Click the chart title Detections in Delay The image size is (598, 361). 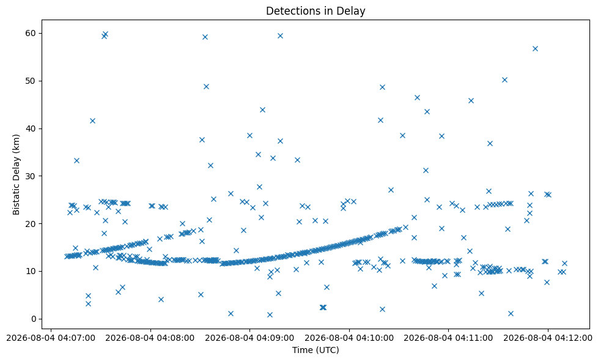click(316, 10)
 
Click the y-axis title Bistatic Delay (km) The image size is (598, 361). click(16, 174)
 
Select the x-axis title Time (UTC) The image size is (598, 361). click(316, 349)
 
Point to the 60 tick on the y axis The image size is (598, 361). click(31, 33)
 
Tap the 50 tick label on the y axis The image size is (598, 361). click(31, 81)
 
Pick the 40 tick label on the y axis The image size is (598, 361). click(31, 128)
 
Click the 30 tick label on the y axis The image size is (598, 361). click(31, 176)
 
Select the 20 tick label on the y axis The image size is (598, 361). click(31, 223)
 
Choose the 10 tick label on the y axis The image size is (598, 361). click(31, 271)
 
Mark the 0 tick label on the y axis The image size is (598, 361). click(33, 319)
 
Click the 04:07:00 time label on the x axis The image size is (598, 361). click(51, 338)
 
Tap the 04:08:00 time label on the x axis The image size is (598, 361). click(150, 338)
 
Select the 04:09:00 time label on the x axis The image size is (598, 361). click(250, 338)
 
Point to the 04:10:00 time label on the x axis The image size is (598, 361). click(349, 338)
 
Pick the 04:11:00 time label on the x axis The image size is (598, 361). click(449, 338)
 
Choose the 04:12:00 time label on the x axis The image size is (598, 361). click(548, 338)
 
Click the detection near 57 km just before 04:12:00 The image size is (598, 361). click(535, 48)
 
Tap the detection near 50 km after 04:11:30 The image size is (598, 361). click(504, 80)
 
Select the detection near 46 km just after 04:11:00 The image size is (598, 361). click(471, 101)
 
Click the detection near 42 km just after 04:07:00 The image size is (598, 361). click(92, 121)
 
